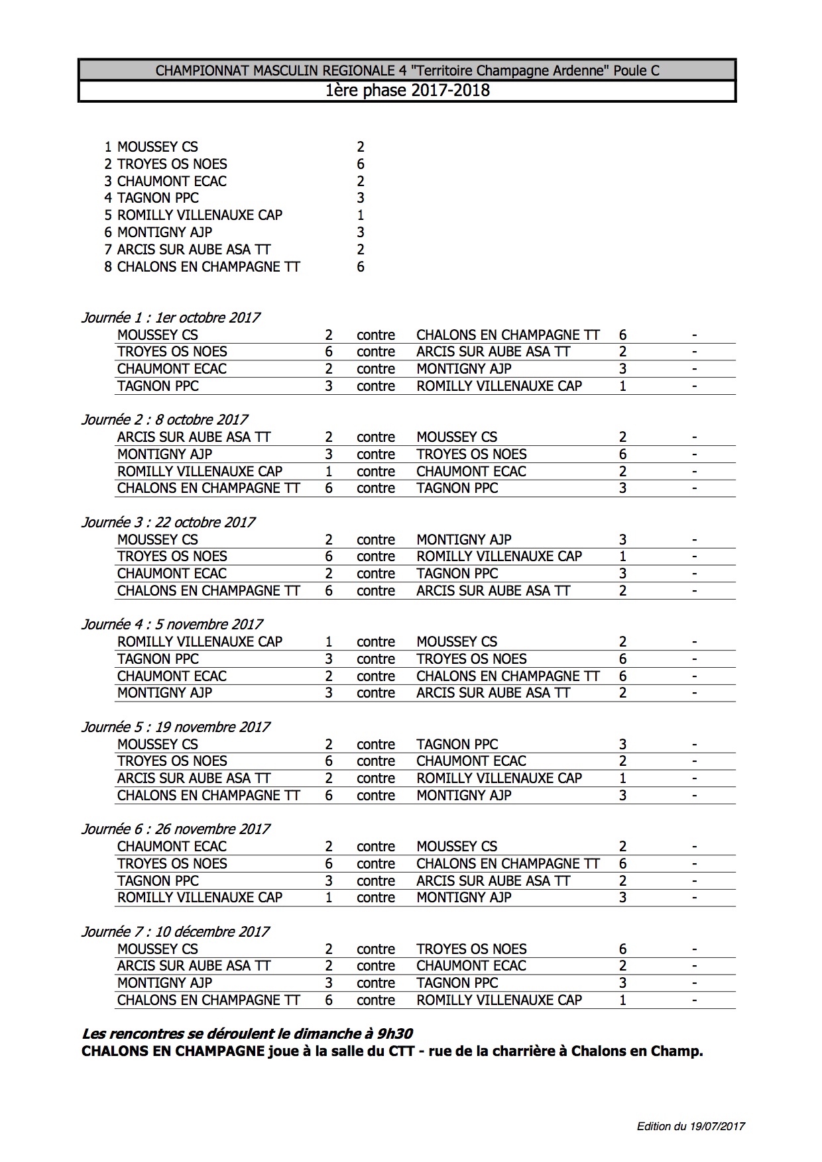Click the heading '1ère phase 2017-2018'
pos(407,90)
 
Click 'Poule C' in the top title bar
pos(636,70)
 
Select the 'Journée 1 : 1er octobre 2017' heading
pos(170,317)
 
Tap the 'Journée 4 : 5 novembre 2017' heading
pos(172,624)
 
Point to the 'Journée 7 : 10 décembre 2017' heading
pos(175,931)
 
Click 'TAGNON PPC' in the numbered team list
pos(158,197)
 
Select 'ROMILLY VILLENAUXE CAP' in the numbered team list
pos(200,215)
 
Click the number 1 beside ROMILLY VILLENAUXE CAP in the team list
pos(360,215)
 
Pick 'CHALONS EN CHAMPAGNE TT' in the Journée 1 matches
pos(508,335)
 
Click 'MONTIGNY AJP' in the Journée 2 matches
pos(164,454)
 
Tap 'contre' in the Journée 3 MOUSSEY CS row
pos(375,539)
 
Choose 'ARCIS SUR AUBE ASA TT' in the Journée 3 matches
pos(493,590)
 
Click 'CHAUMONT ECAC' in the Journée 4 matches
pos(172,676)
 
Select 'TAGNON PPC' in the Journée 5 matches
pos(457,744)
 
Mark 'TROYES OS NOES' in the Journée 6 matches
pos(172,863)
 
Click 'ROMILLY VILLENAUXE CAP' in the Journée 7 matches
pos(499,1000)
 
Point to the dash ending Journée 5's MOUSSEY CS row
pos(694,744)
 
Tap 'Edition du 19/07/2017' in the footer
pos(691,1126)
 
